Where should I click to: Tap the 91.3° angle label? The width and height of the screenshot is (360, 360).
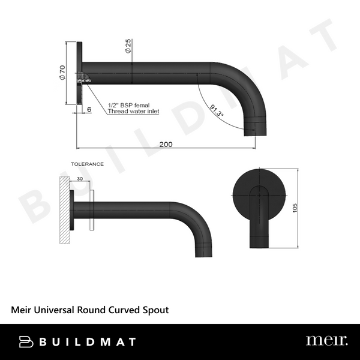coord(215,112)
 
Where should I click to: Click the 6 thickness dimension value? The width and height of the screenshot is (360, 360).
coord(89,110)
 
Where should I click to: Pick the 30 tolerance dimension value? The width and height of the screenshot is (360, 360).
coord(79,178)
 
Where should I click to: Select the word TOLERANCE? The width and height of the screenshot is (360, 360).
coord(87,164)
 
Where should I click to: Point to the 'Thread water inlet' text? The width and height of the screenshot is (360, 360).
coord(133,112)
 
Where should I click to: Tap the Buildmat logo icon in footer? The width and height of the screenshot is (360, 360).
coord(27,341)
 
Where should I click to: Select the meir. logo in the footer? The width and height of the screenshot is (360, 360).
coord(326,341)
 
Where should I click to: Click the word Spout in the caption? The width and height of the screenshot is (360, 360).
coord(155,310)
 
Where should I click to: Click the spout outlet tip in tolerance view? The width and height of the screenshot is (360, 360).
coord(203,251)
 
